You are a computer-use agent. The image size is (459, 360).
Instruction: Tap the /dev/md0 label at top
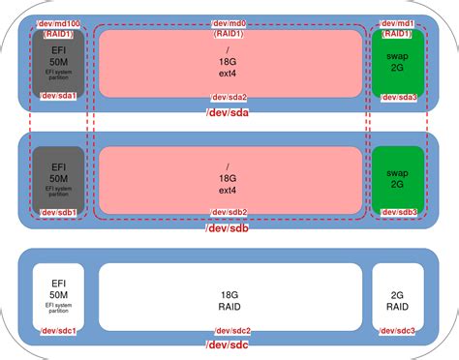click(x=229, y=21)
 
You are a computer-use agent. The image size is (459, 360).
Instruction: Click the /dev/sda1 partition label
click(x=58, y=97)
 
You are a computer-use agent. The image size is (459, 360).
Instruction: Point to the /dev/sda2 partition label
click(x=229, y=97)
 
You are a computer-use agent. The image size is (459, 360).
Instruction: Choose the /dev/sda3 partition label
click(x=398, y=97)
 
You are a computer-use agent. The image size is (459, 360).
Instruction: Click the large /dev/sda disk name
click(x=229, y=115)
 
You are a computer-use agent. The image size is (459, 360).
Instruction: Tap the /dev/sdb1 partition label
click(x=58, y=213)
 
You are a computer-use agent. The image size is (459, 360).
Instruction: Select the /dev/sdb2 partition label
click(x=229, y=213)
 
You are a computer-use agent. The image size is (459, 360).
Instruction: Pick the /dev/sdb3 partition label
click(x=398, y=213)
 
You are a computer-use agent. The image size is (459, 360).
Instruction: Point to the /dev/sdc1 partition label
click(x=58, y=330)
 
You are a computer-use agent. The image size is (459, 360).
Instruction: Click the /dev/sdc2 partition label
click(x=229, y=330)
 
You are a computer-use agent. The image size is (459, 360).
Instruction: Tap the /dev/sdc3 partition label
click(x=398, y=330)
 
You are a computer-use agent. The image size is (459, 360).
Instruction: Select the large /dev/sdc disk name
click(x=229, y=346)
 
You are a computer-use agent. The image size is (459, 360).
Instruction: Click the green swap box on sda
click(x=398, y=64)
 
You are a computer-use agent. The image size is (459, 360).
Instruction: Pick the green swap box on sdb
click(x=398, y=178)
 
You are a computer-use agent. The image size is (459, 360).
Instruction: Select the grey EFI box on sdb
click(x=58, y=178)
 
